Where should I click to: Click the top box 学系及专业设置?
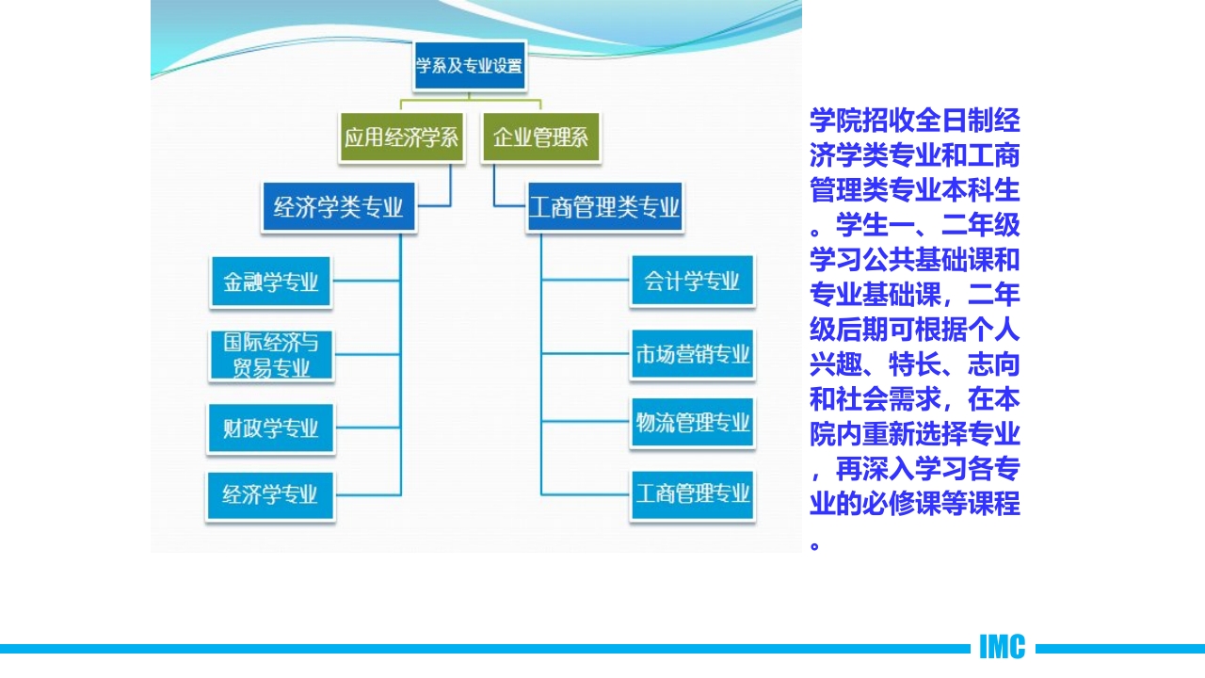point(469,66)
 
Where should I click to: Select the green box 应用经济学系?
point(401,138)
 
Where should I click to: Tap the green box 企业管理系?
point(540,138)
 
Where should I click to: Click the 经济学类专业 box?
point(339,207)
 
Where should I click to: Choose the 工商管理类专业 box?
point(604,207)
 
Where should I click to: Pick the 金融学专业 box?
point(270,282)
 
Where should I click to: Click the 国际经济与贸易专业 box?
point(270,355)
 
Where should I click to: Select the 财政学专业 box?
point(270,428)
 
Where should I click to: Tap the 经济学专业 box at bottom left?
point(270,494)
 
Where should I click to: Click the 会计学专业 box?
point(692,281)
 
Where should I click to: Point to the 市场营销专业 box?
point(692,354)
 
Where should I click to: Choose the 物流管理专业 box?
point(692,423)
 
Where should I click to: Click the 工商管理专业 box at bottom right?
point(692,493)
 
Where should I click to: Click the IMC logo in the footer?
point(1002,647)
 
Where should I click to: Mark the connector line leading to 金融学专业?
point(366,281)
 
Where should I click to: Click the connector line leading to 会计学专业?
point(585,281)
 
